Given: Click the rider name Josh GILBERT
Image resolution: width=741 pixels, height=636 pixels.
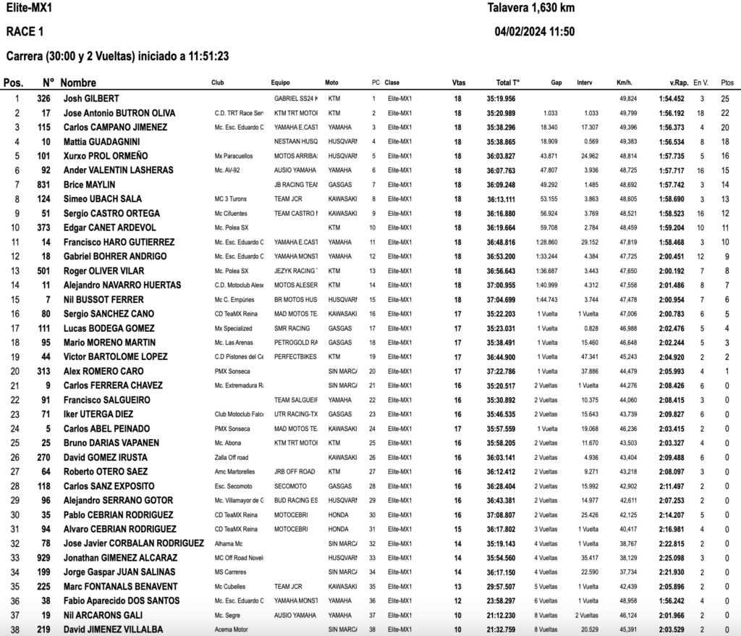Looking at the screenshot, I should pyautogui.click(x=90, y=99).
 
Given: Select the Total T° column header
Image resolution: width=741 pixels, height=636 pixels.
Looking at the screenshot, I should pyautogui.click(x=508, y=83).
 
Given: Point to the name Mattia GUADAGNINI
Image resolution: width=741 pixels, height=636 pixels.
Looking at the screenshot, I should pyautogui.click(x=101, y=141).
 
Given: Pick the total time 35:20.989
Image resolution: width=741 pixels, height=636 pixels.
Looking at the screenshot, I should pyautogui.click(x=501, y=113).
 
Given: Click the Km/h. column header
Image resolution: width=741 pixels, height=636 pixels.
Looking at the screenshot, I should pyautogui.click(x=625, y=83).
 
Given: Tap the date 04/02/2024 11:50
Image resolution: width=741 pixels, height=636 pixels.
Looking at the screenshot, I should pyautogui.click(x=535, y=31).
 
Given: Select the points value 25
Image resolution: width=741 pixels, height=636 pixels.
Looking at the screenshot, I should pyautogui.click(x=725, y=99).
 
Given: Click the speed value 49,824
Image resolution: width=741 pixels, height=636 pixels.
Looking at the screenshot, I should pyautogui.click(x=628, y=99).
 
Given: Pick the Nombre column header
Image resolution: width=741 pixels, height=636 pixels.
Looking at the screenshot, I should pyautogui.click(x=78, y=83).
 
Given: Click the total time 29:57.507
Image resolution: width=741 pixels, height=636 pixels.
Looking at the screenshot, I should pyautogui.click(x=501, y=587).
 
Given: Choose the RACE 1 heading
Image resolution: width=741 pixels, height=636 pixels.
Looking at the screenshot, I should pyautogui.click(x=25, y=31).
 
